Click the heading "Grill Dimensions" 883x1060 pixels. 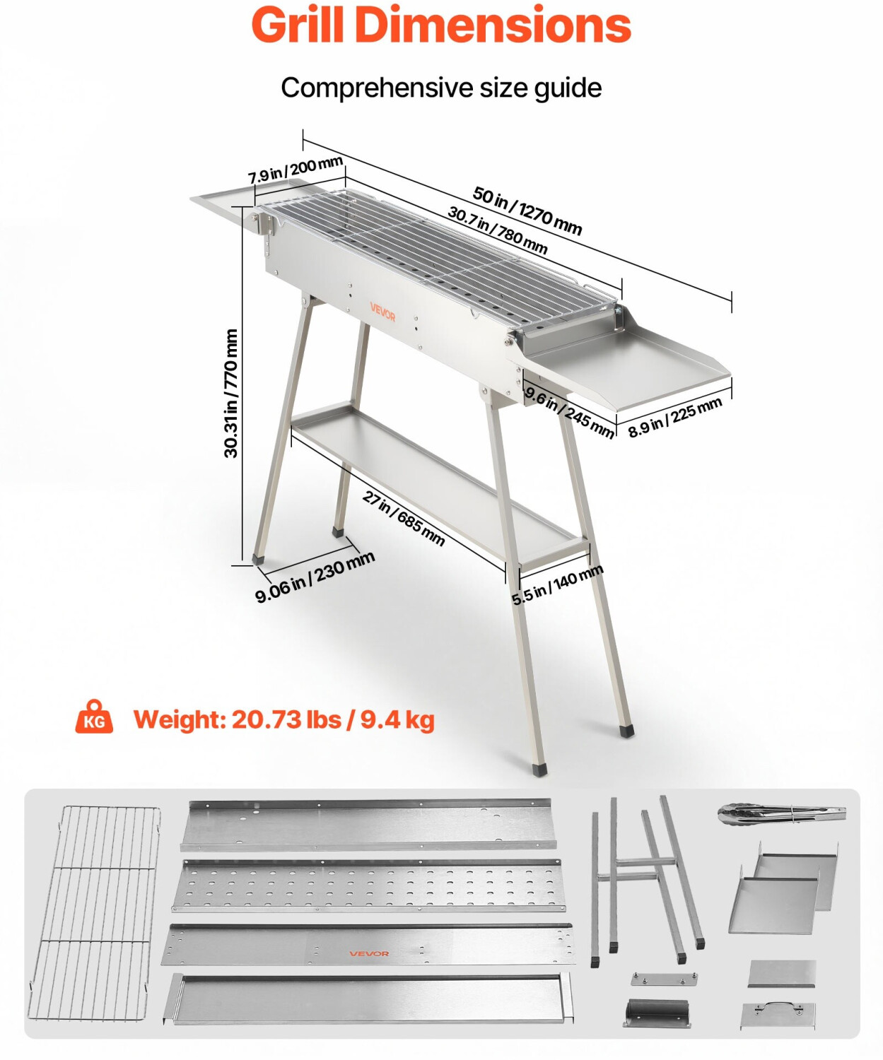tap(441, 25)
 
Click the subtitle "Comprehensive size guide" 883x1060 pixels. tap(441, 88)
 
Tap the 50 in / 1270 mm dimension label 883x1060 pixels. tap(527, 210)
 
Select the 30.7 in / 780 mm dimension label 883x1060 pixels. tap(498, 230)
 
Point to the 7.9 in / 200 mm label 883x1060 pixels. tap(296, 170)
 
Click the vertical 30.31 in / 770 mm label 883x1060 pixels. tap(231, 393)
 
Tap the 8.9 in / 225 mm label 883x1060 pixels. tap(675, 418)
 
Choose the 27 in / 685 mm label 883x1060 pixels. tap(404, 518)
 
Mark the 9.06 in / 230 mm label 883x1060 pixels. tap(315, 577)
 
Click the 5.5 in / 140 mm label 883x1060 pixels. tap(557, 584)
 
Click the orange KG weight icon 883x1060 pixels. tap(94, 717)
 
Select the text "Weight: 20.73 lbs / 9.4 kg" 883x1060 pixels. tap(284, 719)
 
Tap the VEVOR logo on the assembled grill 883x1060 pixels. tap(382, 312)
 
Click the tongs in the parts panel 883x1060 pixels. tap(781, 814)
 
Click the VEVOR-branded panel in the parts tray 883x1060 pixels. tap(369, 946)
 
